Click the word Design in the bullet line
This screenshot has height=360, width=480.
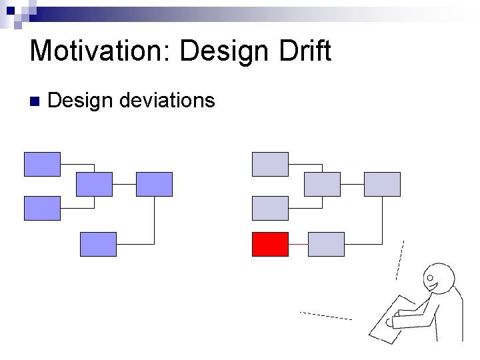tap(80, 101)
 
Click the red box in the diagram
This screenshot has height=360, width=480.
tap(270, 244)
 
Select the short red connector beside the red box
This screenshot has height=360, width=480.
tap(298, 245)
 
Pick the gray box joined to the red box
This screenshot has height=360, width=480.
tap(326, 244)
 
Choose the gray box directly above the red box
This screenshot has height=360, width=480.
tap(270, 208)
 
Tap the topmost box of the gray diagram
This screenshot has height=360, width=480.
tap(270, 164)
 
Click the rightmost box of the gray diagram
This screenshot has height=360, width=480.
tap(382, 184)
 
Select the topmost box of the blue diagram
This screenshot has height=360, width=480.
tap(42, 164)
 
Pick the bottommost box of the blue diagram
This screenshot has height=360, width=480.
tap(98, 244)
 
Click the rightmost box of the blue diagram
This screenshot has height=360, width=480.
tap(154, 184)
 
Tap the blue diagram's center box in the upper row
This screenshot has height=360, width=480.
tap(94, 184)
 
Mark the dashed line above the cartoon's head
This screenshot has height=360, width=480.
tap(399, 260)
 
